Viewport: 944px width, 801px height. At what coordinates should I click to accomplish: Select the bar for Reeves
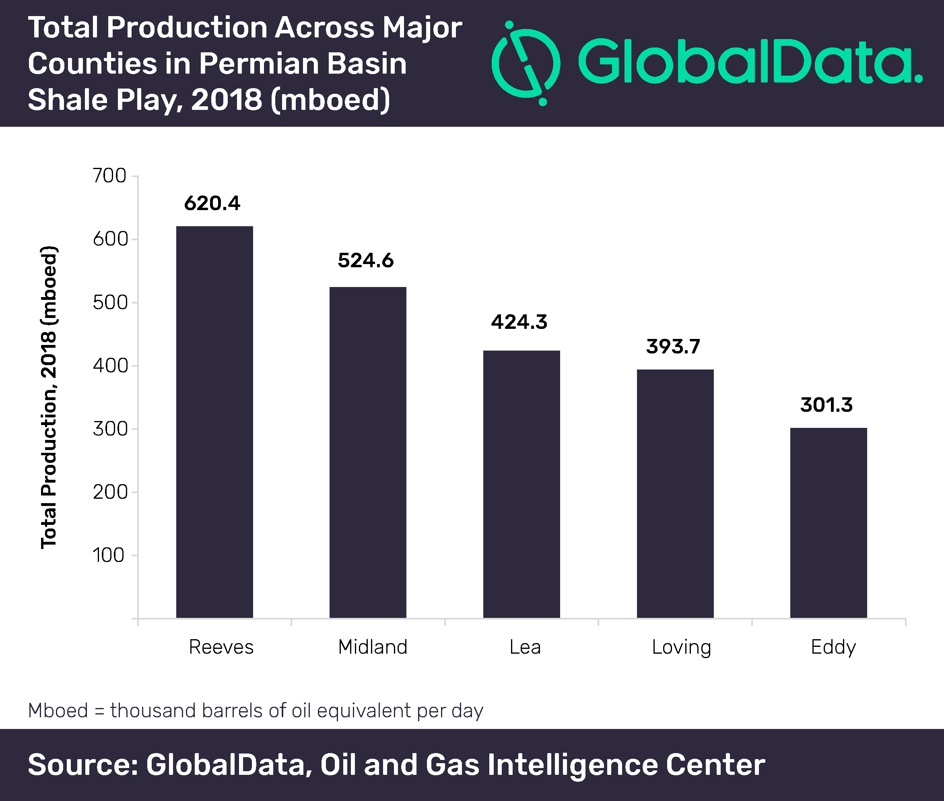[214, 422]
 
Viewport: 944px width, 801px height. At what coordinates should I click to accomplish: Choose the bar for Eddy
[828, 522]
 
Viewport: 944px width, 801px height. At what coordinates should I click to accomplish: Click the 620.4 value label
[212, 203]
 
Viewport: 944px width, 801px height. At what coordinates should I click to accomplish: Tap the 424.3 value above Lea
[519, 322]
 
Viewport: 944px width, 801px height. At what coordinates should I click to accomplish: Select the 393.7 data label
[673, 347]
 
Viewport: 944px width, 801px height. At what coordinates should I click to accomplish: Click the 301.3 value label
[826, 405]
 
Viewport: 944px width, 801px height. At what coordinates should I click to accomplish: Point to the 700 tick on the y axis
[109, 176]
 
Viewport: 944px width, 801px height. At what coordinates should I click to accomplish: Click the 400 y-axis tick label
[109, 365]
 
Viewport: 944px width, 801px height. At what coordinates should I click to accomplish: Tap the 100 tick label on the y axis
[109, 555]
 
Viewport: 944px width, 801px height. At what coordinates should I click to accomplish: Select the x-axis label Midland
[373, 646]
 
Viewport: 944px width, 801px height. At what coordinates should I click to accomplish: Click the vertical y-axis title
[49, 397]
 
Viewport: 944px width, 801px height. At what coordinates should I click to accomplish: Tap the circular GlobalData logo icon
[526, 63]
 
